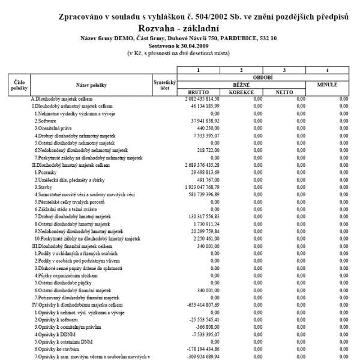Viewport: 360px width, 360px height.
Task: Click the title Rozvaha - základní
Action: click(178, 28)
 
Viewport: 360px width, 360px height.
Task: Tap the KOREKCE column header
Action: click(242, 92)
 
